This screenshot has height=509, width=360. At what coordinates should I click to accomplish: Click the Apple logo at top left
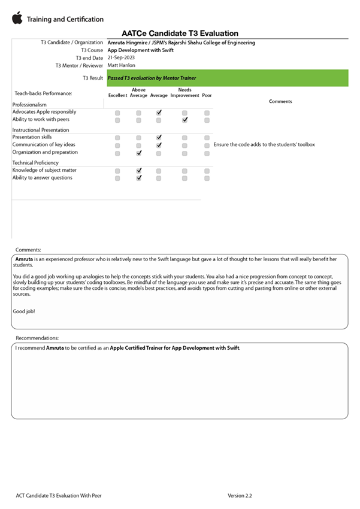[17, 18]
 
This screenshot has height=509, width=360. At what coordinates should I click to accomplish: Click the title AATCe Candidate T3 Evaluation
[180, 34]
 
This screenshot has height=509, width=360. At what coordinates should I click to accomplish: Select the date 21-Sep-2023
[121, 57]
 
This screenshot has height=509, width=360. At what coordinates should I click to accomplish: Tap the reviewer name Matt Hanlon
[121, 65]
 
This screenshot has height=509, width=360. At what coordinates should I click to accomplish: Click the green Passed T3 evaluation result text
[152, 78]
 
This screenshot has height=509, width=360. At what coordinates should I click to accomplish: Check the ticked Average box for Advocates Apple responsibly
[159, 113]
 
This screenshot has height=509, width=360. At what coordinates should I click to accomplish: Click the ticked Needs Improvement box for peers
[184, 120]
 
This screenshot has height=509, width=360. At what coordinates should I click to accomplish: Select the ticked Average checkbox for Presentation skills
[159, 138]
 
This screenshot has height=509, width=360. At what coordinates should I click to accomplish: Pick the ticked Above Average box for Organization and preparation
[138, 153]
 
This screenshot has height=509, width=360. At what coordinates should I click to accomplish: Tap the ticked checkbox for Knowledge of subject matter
[138, 171]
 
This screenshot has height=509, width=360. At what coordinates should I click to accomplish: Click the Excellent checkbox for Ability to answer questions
[117, 178]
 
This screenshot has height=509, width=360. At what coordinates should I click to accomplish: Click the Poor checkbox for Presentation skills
[207, 138]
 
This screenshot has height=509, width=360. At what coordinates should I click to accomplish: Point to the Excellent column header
[117, 96]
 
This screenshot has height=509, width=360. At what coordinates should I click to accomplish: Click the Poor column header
[207, 96]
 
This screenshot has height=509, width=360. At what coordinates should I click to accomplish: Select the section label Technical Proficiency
[35, 163]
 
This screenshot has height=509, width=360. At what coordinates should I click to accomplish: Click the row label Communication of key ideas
[44, 145]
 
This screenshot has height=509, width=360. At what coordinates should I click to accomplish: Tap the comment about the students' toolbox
[264, 145]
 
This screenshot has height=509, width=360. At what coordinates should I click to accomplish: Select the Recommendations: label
[37, 338]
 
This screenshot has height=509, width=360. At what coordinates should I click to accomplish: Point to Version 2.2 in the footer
[240, 496]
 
